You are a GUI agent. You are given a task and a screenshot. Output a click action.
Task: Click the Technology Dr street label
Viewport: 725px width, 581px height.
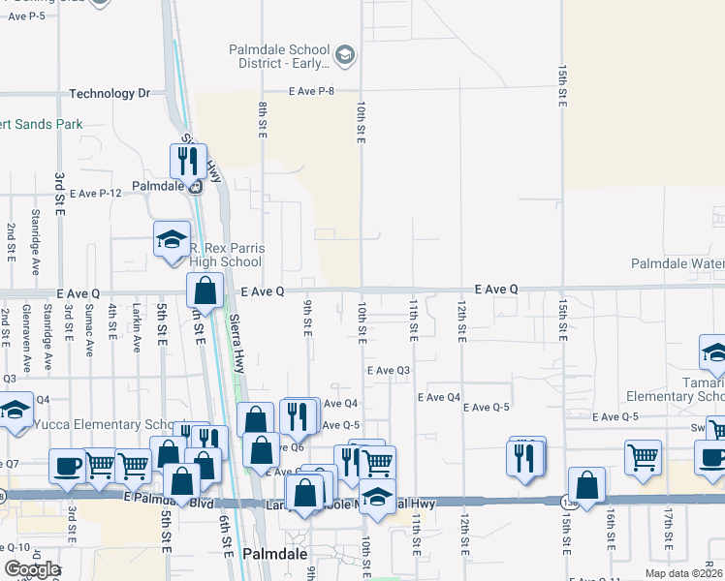(110, 94)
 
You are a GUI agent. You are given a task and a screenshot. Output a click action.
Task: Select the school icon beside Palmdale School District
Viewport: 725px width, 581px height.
(345, 57)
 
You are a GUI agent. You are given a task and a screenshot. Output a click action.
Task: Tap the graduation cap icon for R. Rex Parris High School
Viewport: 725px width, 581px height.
(172, 239)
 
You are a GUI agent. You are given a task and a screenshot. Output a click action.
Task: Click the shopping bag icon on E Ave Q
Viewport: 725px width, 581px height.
(205, 289)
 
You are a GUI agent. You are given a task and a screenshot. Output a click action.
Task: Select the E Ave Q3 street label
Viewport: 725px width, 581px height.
(389, 371)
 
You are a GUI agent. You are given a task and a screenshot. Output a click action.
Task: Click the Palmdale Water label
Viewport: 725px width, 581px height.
(678, 263)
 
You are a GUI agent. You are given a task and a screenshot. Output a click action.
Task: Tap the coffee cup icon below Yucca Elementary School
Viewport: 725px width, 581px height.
(67, 466)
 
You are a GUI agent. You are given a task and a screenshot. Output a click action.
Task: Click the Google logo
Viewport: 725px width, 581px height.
(31, 568)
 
